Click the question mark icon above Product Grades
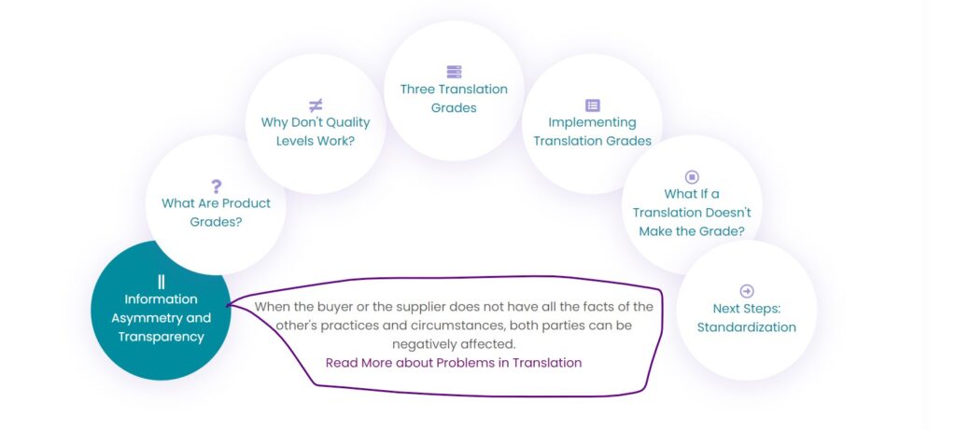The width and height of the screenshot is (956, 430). coord(216,187)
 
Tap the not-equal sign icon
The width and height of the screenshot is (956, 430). coord(316,105)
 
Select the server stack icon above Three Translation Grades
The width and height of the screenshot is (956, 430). coord(455,72)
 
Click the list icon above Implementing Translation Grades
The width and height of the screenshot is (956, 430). coord(593,105)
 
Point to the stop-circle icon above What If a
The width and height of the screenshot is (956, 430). coord(692,176)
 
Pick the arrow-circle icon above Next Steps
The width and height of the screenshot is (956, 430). coord(747,291)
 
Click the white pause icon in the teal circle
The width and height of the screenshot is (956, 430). coord(161,282)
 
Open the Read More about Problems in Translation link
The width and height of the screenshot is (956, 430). coord(454,363)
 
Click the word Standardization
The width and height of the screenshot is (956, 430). coord(747,327)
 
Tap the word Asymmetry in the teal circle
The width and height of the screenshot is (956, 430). coord(141,319)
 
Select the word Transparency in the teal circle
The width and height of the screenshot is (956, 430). coord(161,337)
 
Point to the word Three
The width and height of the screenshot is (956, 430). coord(416,90)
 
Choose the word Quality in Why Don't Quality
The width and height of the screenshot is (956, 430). coord(344,122)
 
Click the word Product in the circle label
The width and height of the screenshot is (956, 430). coord(246,203)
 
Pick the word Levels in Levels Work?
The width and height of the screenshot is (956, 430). coord(294,141)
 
